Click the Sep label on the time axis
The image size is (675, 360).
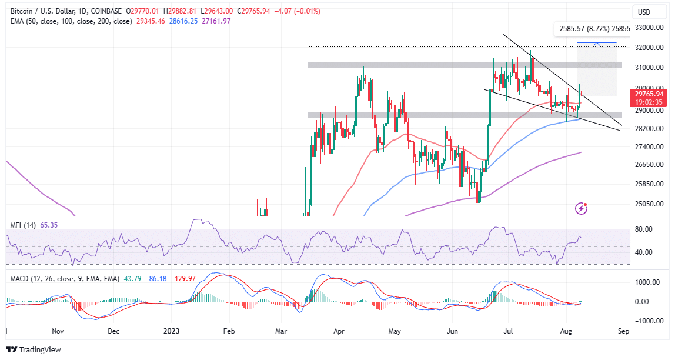pyautogui.click(x=624, y=331)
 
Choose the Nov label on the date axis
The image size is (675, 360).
pyautogui.click(x=57, y=331)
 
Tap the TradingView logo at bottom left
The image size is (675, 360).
pyautogui.click(x=36, y=350)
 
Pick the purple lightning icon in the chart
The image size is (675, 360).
pyautogui.click(x=582, y=208)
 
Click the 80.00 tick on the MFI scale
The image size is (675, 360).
pyautogui.click(x=643, y=229)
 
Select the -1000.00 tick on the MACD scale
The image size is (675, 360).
pyautogui.click(x=646, y=321)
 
